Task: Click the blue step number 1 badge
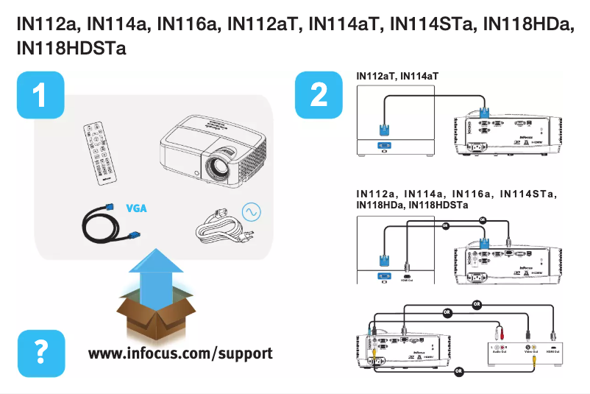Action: click(x=40, y=95)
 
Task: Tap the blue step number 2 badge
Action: click(x=319, y=95)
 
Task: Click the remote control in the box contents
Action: click(x=106, y=153)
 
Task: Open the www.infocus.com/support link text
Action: click(x=180, y=353)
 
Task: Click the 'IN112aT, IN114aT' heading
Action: click(x=397, y=76)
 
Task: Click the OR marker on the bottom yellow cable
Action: click(x=458, y=370)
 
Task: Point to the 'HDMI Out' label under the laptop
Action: click(x=406, y=279)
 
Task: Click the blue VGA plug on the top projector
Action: click(x=485, y=113)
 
